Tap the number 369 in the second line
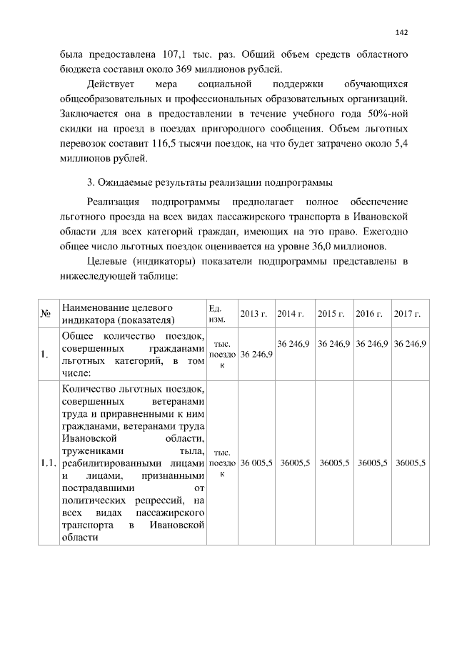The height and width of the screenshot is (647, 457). pos(161,69)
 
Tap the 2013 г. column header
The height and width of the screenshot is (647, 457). pos(253,315)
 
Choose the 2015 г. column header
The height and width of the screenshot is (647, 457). pos(331,315)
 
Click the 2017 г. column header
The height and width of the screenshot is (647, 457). pos(407,315)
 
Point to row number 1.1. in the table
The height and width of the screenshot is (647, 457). pos(49,463)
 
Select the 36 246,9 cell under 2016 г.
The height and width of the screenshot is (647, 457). pos(371,344)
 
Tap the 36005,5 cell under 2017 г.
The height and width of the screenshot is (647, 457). pos(411,463)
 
